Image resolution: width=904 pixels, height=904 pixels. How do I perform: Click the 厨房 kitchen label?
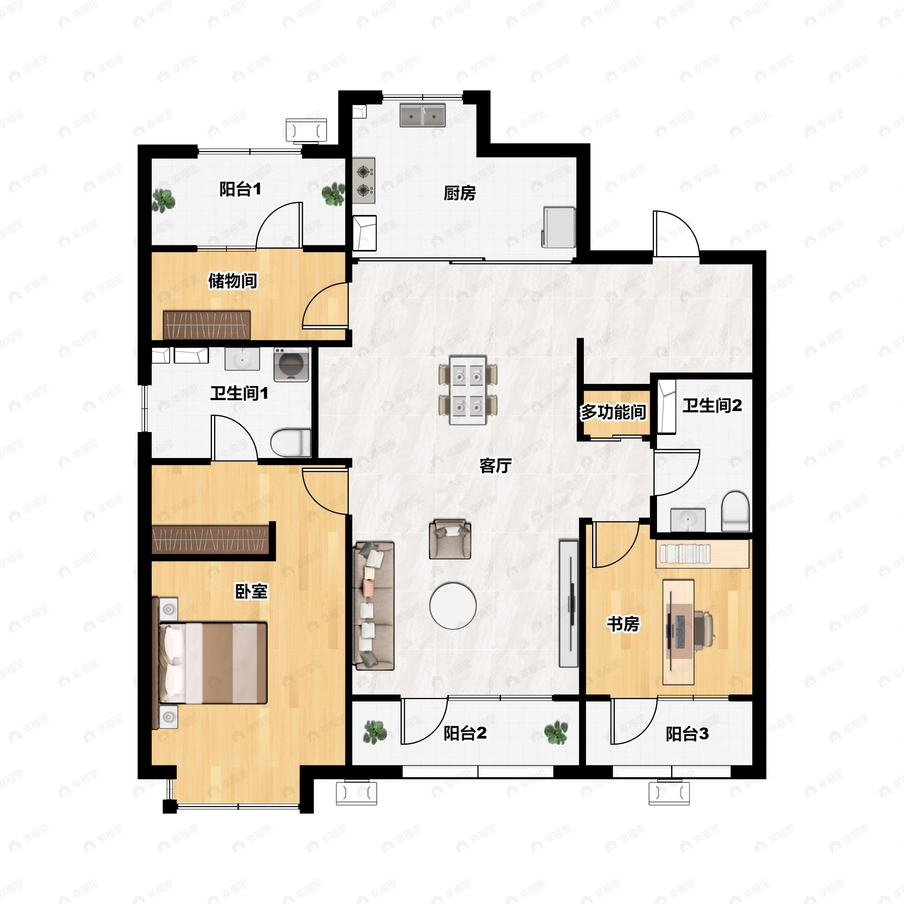(460, 193)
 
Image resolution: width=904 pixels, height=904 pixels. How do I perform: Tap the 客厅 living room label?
(496, 466)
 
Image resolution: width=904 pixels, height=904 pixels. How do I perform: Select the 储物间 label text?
(232, 281)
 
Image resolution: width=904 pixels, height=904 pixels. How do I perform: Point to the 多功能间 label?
(614, 412)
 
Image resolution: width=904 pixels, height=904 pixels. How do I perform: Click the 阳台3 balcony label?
(687, 734)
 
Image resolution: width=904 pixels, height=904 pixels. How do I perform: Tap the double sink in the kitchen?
(423, 115)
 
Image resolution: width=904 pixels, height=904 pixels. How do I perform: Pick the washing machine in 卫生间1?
(291, 365)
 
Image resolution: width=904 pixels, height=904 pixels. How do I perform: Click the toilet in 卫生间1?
(290, 443)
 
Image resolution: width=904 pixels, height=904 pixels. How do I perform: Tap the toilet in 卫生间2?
(735, 511)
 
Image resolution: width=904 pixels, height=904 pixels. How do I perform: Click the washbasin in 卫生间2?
(688, 520)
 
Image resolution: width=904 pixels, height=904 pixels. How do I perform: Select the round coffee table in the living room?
(453, 605)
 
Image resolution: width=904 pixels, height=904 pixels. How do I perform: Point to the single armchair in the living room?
(450, 539)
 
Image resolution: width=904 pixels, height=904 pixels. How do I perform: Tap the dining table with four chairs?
(468, 390)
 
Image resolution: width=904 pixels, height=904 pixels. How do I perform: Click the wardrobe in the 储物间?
(206, 325)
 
